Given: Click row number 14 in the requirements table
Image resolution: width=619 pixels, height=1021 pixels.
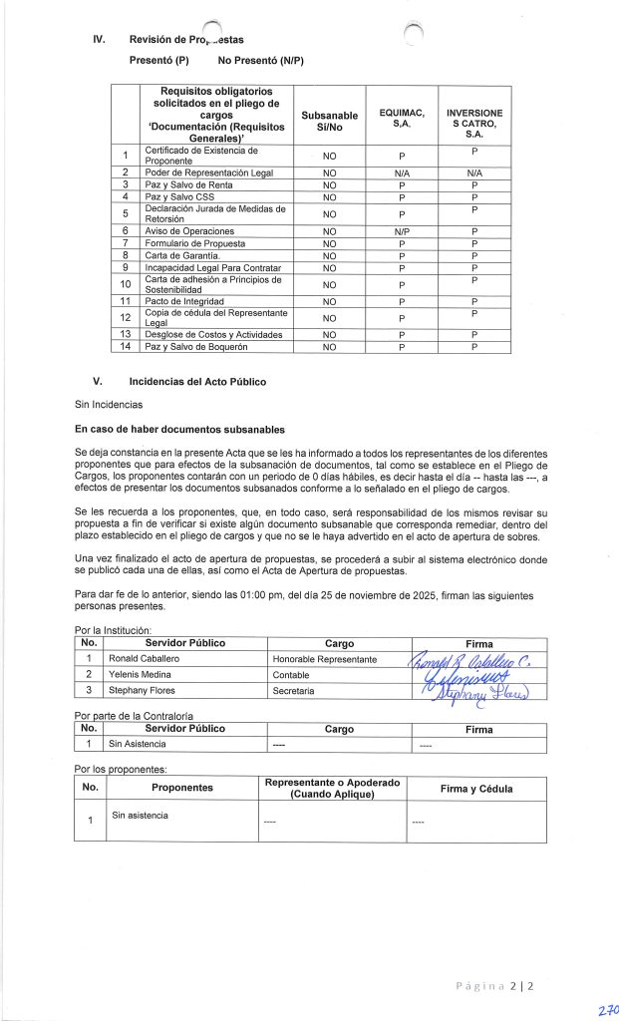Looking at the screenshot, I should [126, 346].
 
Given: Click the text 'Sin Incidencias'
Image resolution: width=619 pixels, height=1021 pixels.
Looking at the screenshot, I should [109, 405].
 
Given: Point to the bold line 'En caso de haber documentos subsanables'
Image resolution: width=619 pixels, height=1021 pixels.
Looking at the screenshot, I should [179, 430].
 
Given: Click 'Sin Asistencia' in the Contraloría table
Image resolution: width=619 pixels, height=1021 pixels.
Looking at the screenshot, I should [139, 744].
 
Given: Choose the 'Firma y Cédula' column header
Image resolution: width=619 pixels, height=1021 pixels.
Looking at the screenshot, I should [476, 789].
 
